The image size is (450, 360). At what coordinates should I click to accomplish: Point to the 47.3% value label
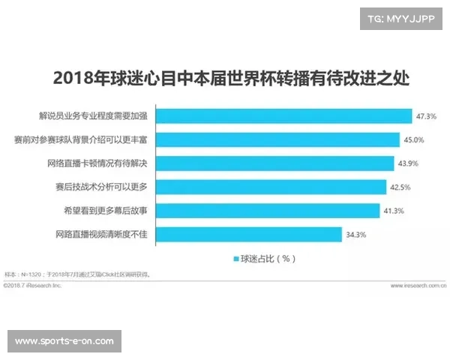click(x=426, y=117)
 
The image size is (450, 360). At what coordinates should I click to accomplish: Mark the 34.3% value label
click(x=355, y=234)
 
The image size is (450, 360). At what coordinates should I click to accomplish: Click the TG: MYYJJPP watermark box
click(x=401, y=18)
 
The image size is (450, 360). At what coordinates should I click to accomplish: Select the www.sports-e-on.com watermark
click(x=65, y=341)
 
